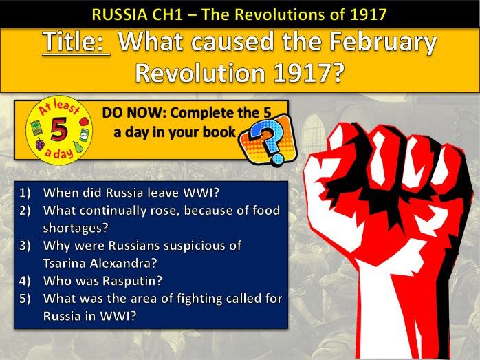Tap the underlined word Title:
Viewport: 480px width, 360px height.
tap(76, 43)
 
